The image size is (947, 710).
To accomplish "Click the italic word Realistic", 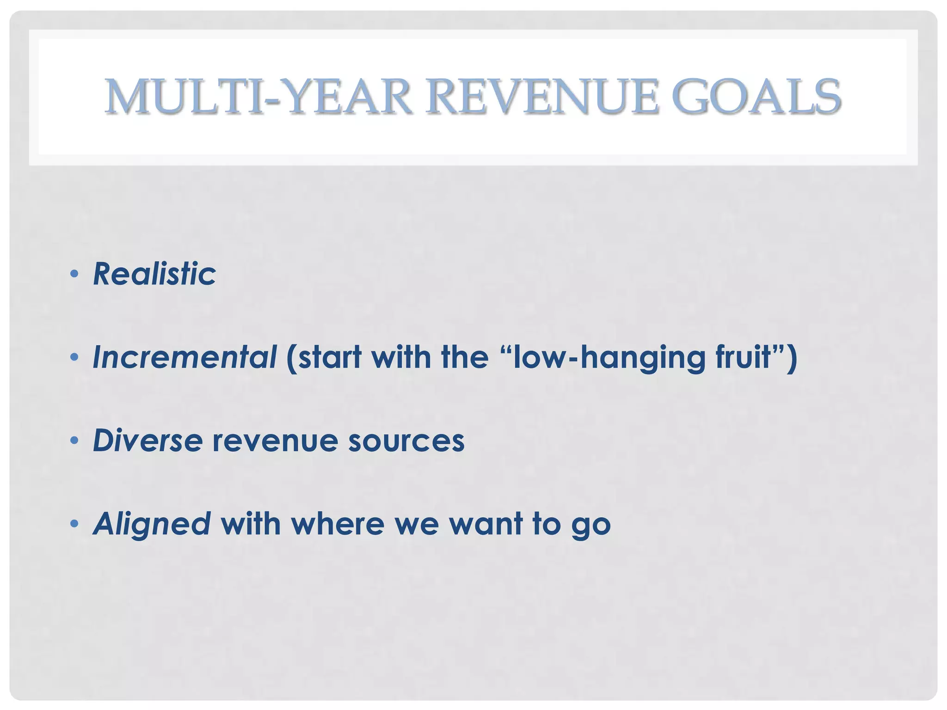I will (154, 274).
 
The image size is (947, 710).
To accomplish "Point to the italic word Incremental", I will (184, 357).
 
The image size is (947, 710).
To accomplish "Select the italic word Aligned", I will (152, 524).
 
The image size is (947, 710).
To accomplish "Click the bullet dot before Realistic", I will (74, 274).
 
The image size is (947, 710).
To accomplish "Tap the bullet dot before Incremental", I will (74, 357).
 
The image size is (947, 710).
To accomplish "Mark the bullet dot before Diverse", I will (74, 441).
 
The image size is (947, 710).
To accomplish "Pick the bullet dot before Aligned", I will (74, 524).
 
